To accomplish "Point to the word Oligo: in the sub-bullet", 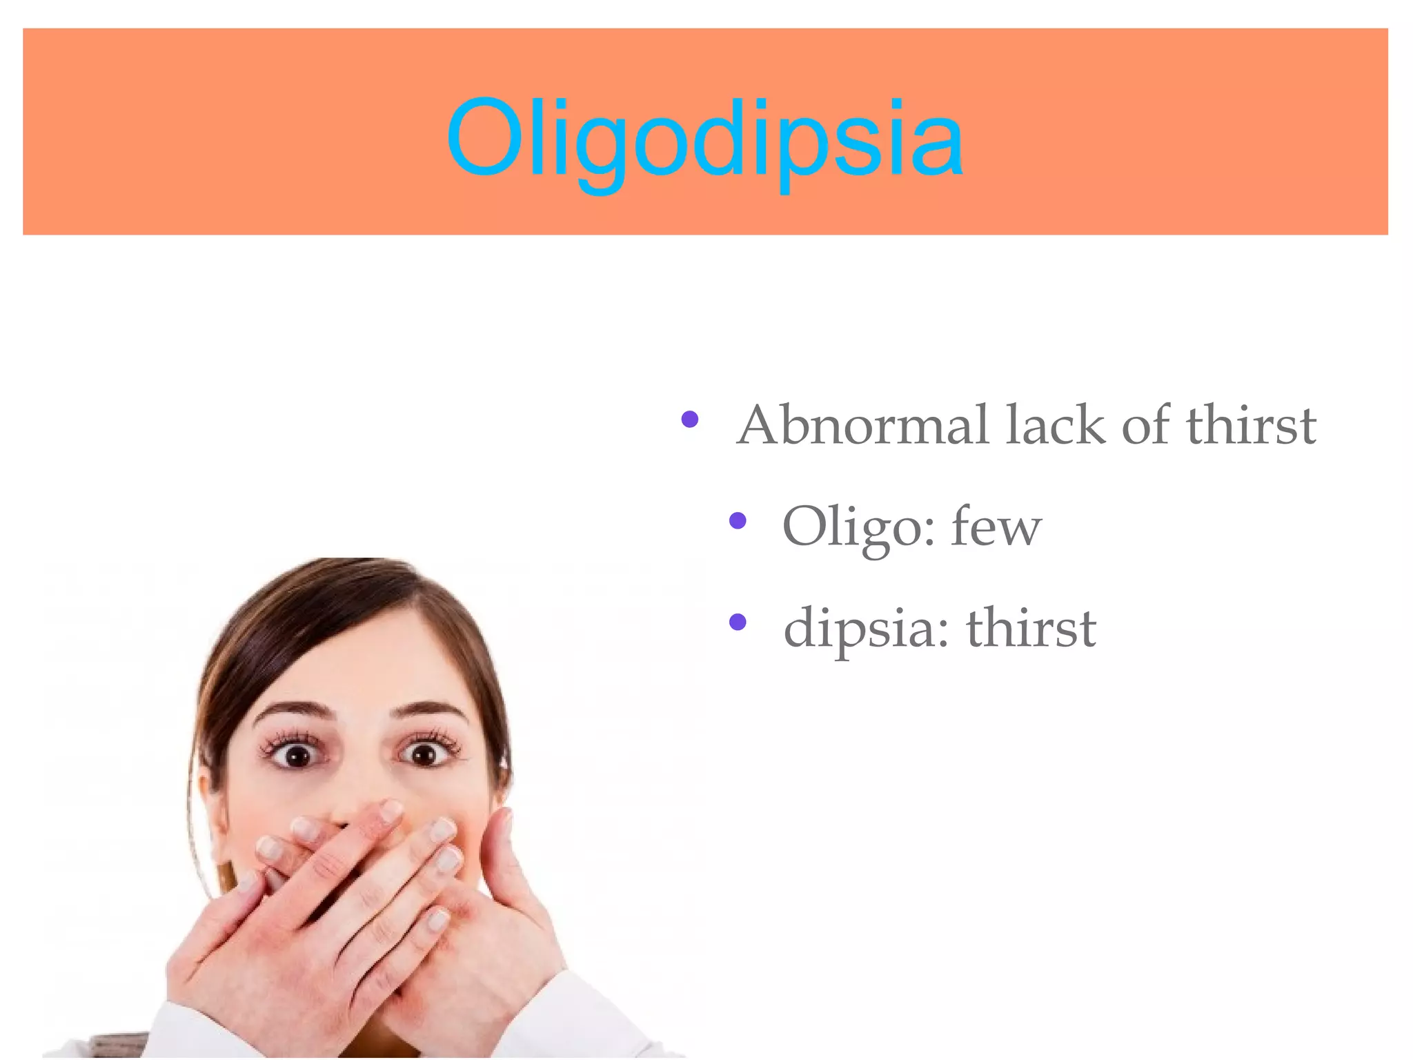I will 859,528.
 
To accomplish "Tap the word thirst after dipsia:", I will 1031,627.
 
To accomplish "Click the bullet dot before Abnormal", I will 689,418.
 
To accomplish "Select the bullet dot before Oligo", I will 738,520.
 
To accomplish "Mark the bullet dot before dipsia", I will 738,622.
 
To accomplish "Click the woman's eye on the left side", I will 297,754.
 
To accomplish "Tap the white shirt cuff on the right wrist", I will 586,1014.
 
